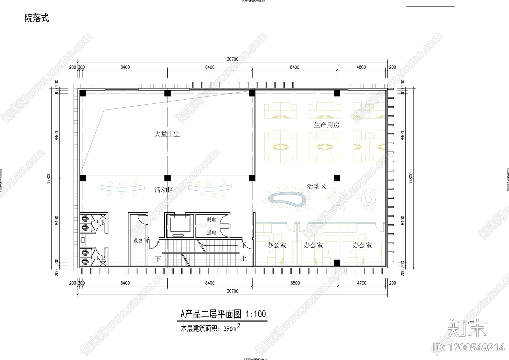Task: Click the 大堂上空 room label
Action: pyautogui.click(x=167, y=134)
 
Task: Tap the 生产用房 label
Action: pyautogui.click(x=326, y=125)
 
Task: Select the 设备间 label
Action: pyautogui.click(x=140, y=241)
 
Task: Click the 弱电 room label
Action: pyautogui.click(x=211, y=220)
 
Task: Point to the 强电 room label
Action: pyautogui.click(x=211, y=233)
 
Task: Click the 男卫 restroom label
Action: pyautogui.click(x=100, y=222)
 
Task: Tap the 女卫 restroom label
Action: pyautogui.click(x=100, y=258)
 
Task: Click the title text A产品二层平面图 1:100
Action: pyautogui.click(x=223, y=314)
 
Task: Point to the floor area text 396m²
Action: pyautogui.click(x=232, y=328)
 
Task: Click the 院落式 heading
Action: pyautogui.click(x=37, y=18)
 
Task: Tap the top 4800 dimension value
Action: pyautogui.click(x=361, y=67)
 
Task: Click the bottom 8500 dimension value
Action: pyautogui.click(x=295, y=283)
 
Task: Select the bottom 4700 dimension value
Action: pyautogui.click(x=362, y=283)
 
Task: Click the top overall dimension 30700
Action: pyautogui.click(x=233, y=59)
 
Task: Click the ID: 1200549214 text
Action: pyautogui.click(x=469, y=347)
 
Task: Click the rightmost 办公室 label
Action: pyautogui.click(x=362, y=245)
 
